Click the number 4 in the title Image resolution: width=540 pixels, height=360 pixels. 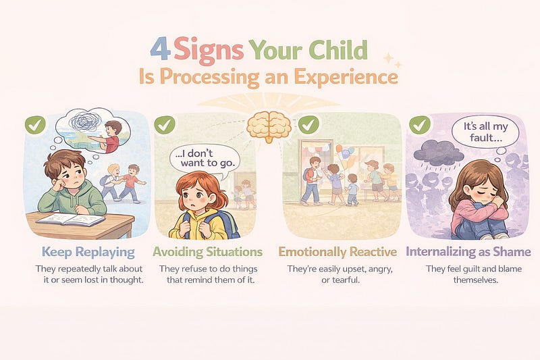pyautogui.click(x=160, y=50)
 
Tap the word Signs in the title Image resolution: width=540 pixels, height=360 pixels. pyautogui.click(x=209, y=51)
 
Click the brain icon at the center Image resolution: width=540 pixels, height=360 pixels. pyautogui.click(x=269, y=126)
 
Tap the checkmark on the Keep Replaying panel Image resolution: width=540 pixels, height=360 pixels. pyautogui.click(x=35, y=125)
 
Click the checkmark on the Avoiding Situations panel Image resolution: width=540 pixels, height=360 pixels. pyautogui.click(x=164, y=125)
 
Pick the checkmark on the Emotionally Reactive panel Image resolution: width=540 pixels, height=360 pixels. pyautogui.click(x=308, y=125)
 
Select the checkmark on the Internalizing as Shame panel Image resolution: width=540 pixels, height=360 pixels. pyautogui.click(x=419, y=125)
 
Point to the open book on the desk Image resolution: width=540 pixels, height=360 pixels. pyautogui.click(x=70, y=220)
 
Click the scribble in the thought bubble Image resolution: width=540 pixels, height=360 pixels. pyautogui.click(x=84, y=122)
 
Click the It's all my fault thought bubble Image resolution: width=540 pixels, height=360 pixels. pyautogui.click(x=485, y=132)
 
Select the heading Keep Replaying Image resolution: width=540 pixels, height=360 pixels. pyautogui.click(x=88, y=252)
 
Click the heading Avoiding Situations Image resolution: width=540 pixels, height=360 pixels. pyautogui.click(x=208, y=252)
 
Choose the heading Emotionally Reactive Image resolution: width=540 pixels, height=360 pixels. pyautogui.click(x=337, y=252)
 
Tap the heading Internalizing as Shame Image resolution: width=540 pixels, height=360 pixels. pyautogui.click(x=468, y=252)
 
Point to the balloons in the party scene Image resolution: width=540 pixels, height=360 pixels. pyautogui.click(x=345, y=155)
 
